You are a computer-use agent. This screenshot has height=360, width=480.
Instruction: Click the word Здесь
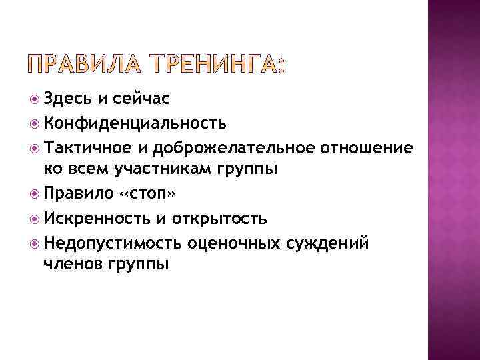(x=66, y=99)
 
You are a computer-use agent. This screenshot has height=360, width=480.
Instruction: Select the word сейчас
(x=141, y=99)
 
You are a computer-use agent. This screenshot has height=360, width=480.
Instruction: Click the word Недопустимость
(x=113, y=242)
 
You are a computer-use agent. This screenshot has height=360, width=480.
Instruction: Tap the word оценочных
(x=237, y=242)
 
